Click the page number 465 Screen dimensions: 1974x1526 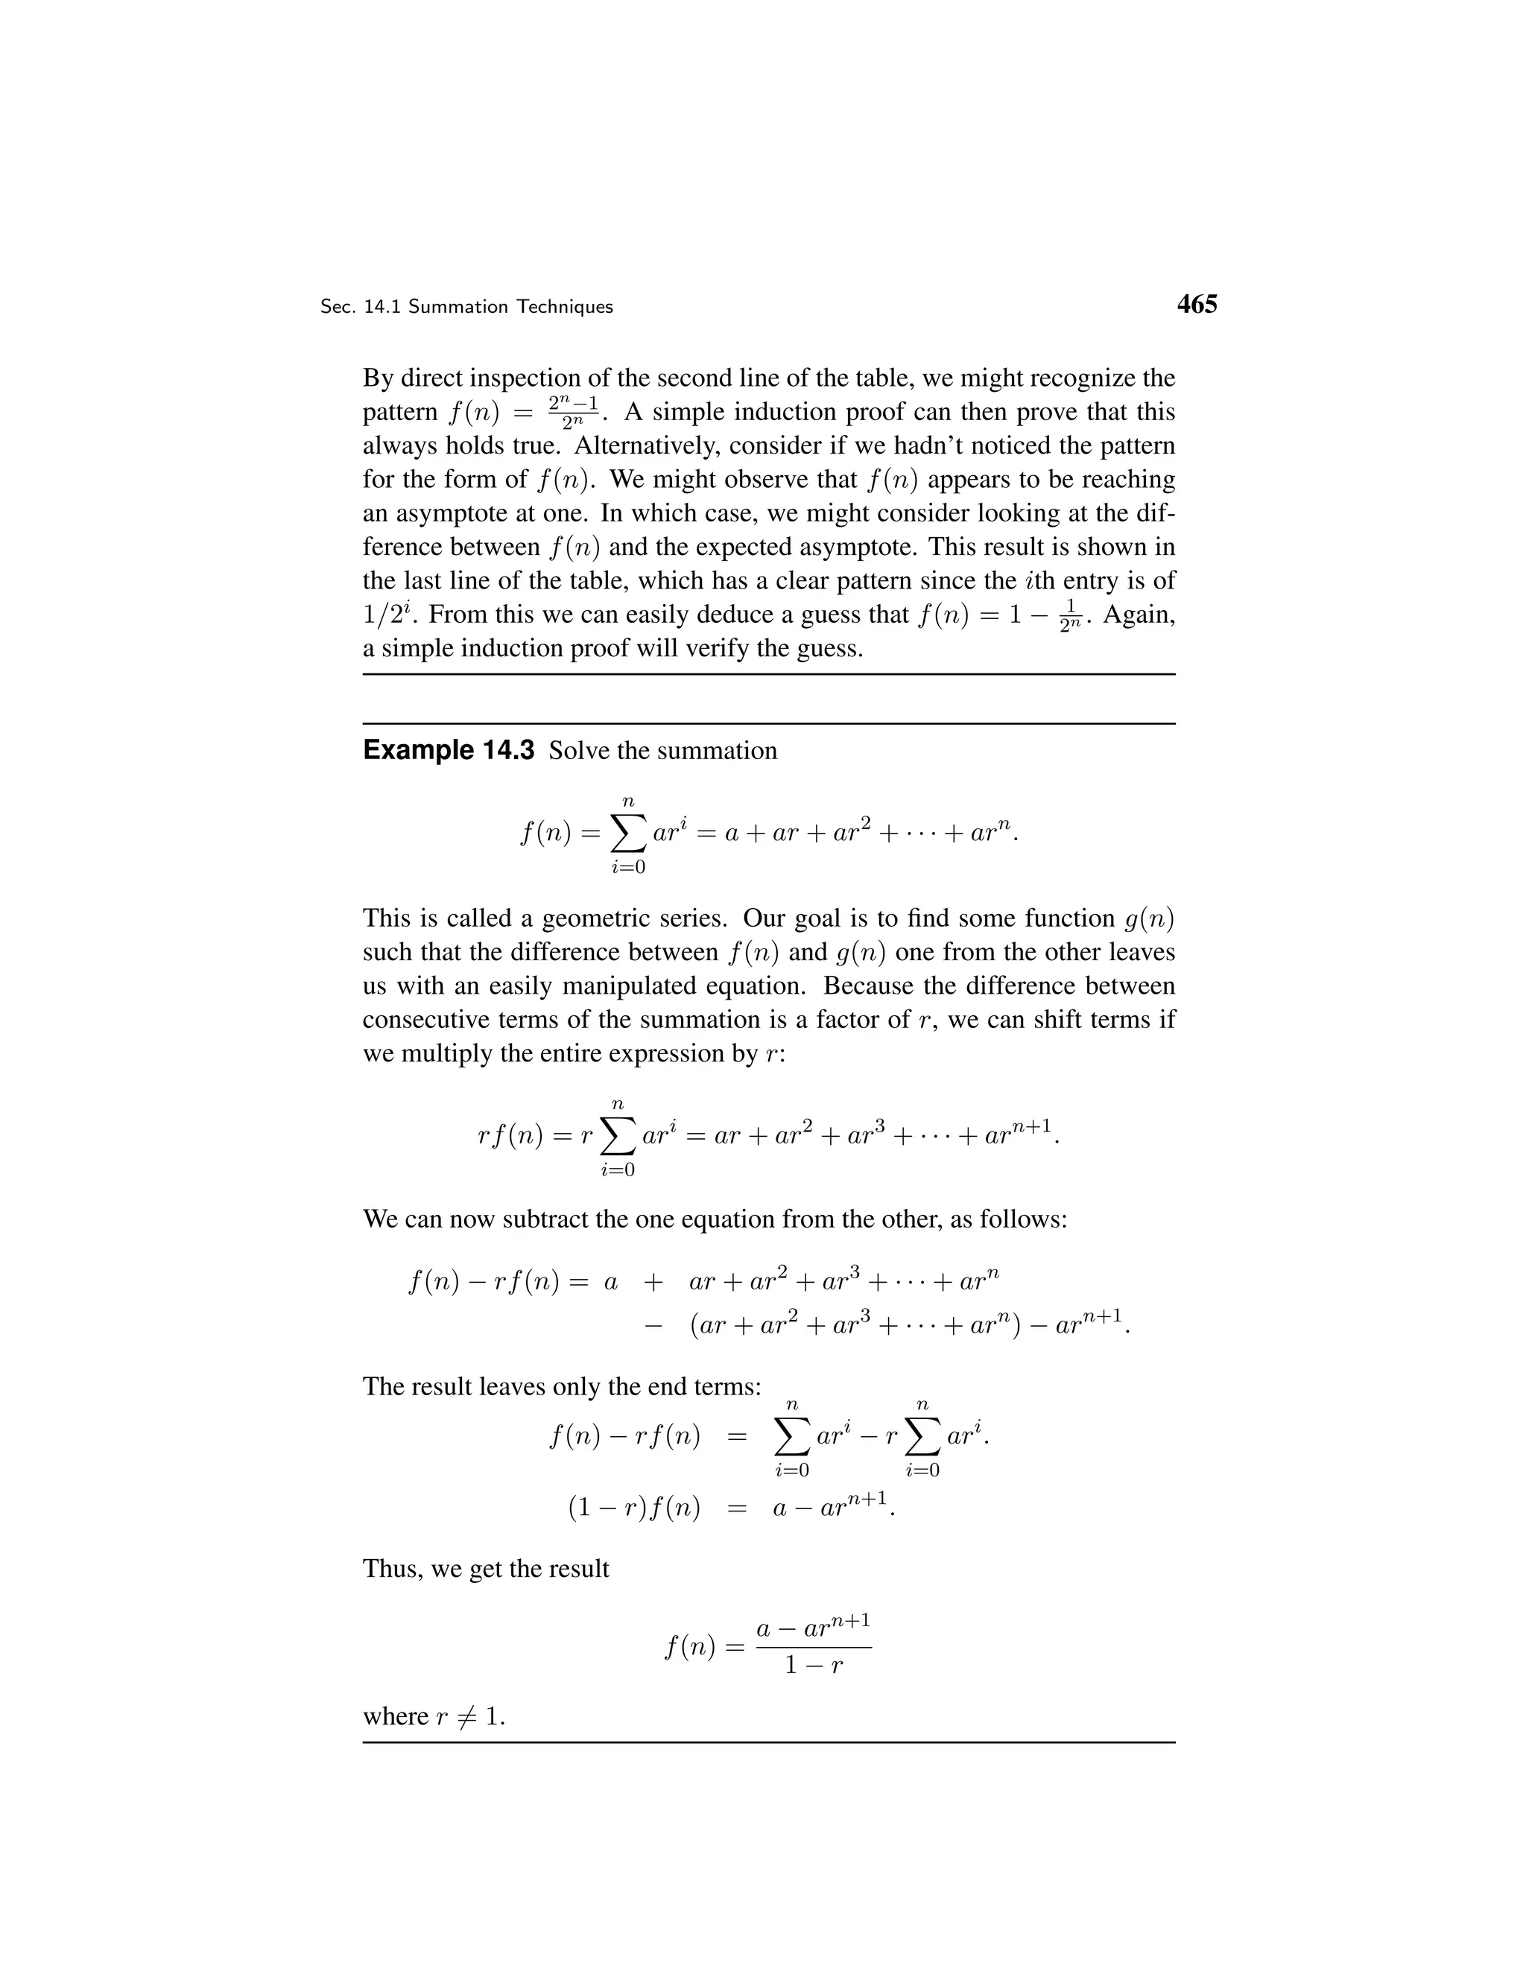pos(1197,305)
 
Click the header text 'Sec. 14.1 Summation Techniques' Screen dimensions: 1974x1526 pos(466,308)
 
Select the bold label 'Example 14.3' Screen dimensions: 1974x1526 pos(449,750)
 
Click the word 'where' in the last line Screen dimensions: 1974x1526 pos(395,1716)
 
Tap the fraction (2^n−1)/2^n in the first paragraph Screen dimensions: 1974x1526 pos(573,412)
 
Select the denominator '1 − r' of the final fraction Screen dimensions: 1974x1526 pos(814,1664)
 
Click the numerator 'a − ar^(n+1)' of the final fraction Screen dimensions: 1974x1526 pos(814,1627)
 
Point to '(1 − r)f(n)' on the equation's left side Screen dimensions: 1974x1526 pos(634,1508)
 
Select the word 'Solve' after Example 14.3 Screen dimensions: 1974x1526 pos(578,751)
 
